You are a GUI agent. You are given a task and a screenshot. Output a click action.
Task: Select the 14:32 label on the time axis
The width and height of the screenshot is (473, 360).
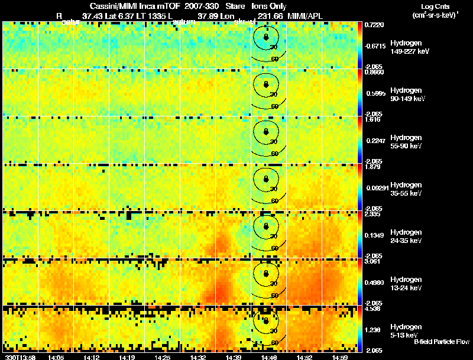pos(198,357)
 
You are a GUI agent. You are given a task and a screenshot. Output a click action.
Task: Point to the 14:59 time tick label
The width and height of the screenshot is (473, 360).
pos(340,357)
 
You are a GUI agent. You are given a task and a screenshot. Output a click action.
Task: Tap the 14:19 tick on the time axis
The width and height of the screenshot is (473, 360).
pos(127,357)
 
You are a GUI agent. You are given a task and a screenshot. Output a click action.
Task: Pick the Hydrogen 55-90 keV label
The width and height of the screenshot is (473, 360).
pos(406,141)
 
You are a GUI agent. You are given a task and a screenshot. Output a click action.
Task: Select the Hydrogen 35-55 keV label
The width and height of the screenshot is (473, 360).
pos(406,189)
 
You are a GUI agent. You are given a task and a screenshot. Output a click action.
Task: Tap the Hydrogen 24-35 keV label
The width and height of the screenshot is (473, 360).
pos(406,236)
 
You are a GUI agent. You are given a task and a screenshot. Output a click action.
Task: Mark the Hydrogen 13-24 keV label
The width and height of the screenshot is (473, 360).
pos(406,283)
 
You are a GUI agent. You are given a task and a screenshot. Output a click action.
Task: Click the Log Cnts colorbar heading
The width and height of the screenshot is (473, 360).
pos(435,6)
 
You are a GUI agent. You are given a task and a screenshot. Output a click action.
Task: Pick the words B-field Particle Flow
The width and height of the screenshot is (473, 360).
pos(441,342)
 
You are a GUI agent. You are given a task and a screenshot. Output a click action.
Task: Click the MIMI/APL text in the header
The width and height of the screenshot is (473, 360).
pos(305,16)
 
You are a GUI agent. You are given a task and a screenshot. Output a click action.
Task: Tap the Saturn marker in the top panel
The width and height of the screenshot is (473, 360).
pos(266,37)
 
